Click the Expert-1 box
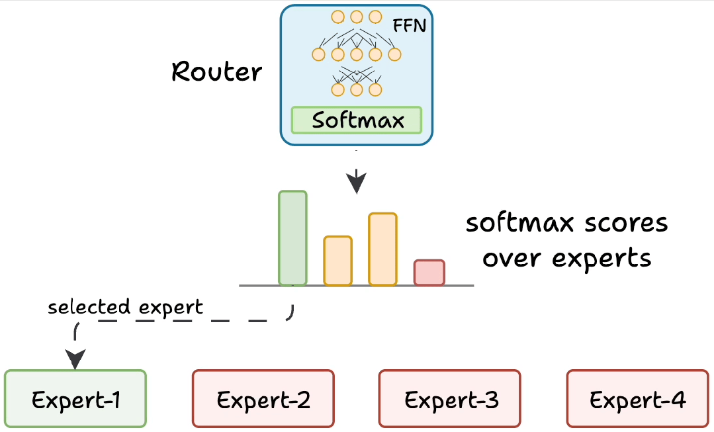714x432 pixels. click(x=75, y=399)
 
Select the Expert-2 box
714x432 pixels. click(x=263, y=399)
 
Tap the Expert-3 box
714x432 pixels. click(x=450, y=399)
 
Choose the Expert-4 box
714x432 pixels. click(x=637, y=399)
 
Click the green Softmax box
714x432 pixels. click(x=357, y=120)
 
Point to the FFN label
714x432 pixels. click(x=410, y=26)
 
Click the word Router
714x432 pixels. click(x=217, y=72)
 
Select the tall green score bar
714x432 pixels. click(x=292, y=239)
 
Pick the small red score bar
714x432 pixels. click(x=429, y=273)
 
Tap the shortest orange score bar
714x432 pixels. click(x=338, y=261)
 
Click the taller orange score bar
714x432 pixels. click(x=383, y=249)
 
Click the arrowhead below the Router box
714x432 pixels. click(x=357, y=182)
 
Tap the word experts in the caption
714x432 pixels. click(x=602, y=259)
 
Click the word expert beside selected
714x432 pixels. click(x=171, y=308)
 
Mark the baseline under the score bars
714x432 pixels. click(x=357, y=285)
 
